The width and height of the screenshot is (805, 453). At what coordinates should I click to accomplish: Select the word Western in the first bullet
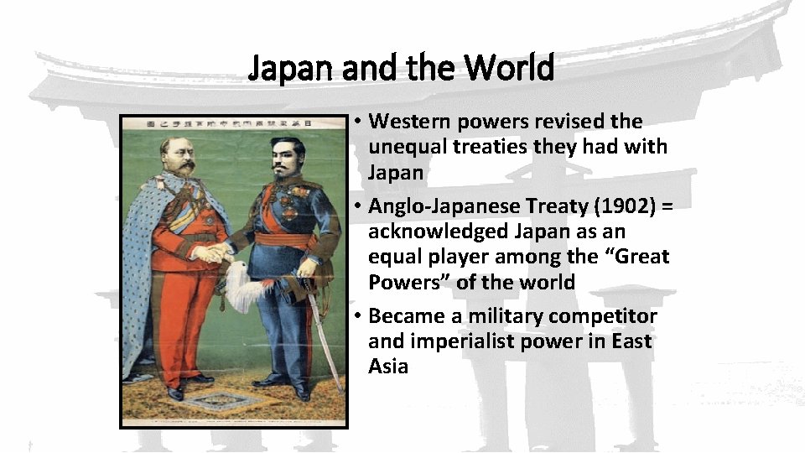coord(408,122)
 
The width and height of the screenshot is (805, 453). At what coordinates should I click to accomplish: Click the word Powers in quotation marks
coord(408,282)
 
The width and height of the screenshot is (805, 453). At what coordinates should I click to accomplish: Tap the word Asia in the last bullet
coord(388,367)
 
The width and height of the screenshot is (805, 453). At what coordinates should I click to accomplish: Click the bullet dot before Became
coord(356,317)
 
